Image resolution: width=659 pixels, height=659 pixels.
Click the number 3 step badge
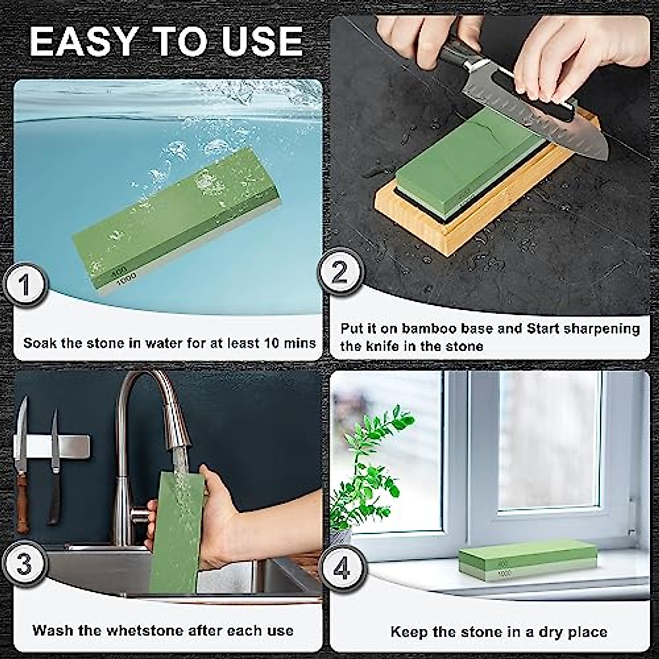coord(24,565)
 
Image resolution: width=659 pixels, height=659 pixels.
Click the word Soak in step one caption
coord(40,344)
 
